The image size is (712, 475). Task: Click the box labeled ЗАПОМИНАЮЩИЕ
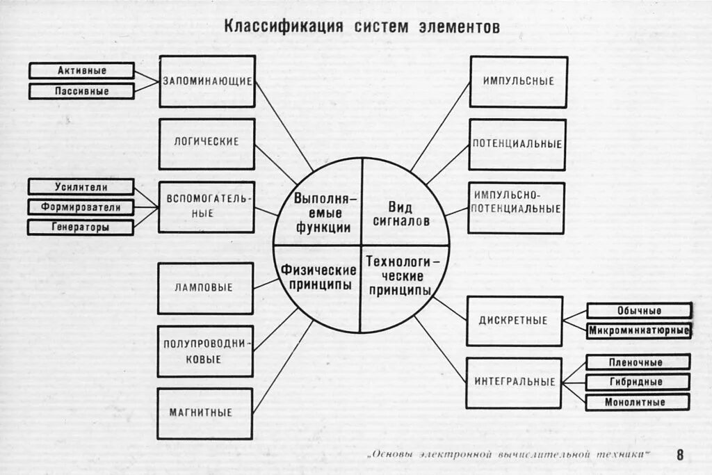(x=207, y=81)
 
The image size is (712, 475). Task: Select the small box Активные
(x=81, y=70)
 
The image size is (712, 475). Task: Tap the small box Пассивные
(x=81, y=91)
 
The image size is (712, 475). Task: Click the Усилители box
(x=81, y=186)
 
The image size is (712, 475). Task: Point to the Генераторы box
(x=81, y=227)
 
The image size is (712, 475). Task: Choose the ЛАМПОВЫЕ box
(x=205, y=288)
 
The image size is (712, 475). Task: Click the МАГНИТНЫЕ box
(x=204, y=413)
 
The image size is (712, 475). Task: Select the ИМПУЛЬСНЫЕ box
(x=518, y=81)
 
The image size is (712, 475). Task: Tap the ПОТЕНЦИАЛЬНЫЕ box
(x=517, y=145)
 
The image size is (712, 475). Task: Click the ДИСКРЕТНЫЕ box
(x=514, y=321)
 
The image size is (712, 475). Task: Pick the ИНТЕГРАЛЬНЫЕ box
(x=514, y=383)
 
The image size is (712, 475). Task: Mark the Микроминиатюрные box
(x=638, y=330)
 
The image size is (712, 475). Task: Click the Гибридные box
(x=637, y=382)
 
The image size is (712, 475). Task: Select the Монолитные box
(x=637, y=402)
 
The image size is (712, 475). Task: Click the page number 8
(x=679, y=455)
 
